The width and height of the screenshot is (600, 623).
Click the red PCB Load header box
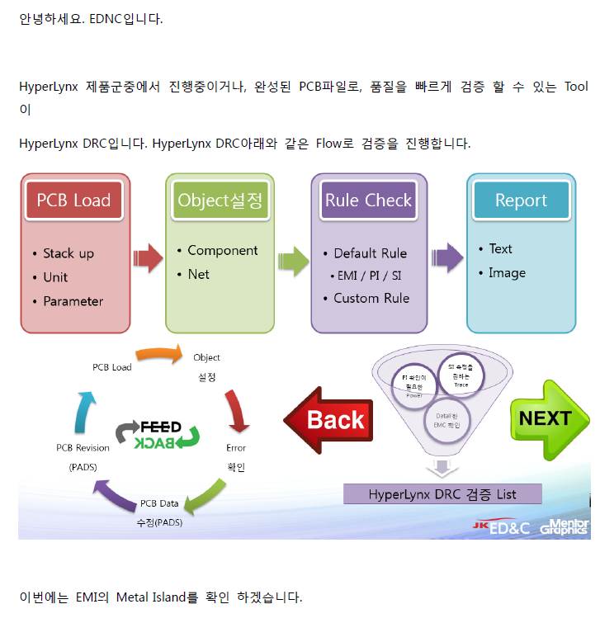(x=73, y=201)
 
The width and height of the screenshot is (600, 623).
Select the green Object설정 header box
(x=219, y=201)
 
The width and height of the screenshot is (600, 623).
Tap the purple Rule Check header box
(x=368, y=201)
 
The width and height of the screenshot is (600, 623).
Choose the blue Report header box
(x=521, y=201)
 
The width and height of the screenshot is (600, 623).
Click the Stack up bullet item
(x=69, y=253)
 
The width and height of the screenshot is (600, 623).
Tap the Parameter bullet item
(x=73, y=301)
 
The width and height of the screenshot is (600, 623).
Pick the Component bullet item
(x=222, y=250)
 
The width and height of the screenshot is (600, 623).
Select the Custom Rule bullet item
(x=371, y=298)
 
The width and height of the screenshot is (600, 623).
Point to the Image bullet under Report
(x=507, y=272)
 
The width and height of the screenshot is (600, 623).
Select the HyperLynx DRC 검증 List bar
(x=442, y=494)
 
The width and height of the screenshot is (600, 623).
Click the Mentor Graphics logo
(x=565, y=527)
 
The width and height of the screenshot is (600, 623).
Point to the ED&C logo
(x=505, y=527)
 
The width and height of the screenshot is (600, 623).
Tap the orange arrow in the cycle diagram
(x=158, y=355)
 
